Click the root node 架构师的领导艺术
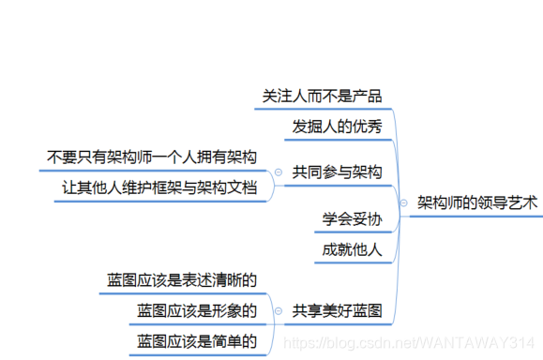(x=476, y=202)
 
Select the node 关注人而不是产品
(x=322, y=97)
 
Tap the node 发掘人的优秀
(x=337, y=127)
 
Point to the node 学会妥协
(x=352, y=219)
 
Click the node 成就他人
(x=352, y=249)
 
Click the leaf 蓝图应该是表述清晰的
(x=182, y=279)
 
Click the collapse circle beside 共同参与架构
(x=278, y=172)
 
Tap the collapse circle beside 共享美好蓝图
(x=278, y=310)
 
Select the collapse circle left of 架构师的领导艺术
(x=403, y=202)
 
